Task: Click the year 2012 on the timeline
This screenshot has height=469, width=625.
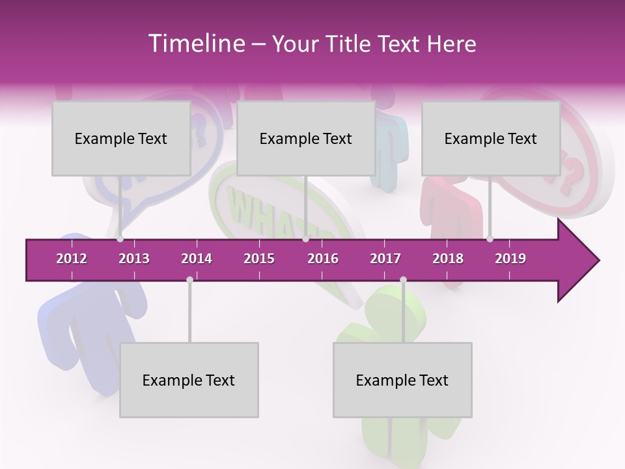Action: tap(72, 259)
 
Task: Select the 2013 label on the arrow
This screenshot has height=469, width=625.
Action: tap(134, 259)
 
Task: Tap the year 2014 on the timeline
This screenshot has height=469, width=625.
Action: tap(197, 259)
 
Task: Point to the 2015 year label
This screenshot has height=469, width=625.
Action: tap(259, 259)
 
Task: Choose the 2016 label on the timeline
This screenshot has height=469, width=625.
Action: tap(323, 259)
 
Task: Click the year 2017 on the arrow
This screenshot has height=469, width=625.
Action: tap(385, 259)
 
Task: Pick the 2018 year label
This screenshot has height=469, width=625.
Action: tap(448, 259)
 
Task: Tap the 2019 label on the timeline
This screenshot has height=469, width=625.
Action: tap(510, 259)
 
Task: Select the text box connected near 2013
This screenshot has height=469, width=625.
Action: tap(121, 139)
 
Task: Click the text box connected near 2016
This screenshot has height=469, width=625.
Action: tap(306, 139)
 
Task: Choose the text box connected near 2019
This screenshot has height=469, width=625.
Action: tap(491, 139)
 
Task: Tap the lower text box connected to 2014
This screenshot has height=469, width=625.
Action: tap(189, 380)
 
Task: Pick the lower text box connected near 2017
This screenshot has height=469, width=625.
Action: tap(402, 380)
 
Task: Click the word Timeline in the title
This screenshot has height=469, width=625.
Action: tap(195, 44)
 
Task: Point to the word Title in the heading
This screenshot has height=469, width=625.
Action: tap(353, 44)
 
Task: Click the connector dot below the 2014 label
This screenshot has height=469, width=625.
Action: tap(189, 280)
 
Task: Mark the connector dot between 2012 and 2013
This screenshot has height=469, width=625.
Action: tap(120, 238)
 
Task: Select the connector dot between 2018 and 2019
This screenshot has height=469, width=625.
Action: tap(490, 238)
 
